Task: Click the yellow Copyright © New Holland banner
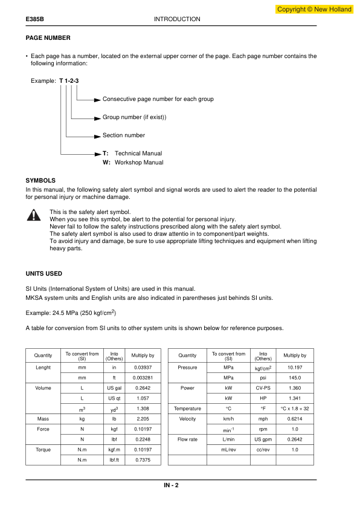pos(313,9)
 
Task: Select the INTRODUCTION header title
pos(177,19)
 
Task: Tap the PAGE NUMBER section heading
pos(48,38)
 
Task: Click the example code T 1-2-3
pos(70,81)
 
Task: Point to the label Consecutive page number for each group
pos(158,99)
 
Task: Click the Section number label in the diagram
pos(124,135)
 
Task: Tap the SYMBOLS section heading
pos(40,180)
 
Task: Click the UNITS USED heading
pos(43,274)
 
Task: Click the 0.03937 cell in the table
pos(143,368)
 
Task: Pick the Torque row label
pos(43,450)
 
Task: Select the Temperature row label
pos(187,409)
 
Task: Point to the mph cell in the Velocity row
pos(263,419)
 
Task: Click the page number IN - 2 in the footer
pos(171,485)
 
